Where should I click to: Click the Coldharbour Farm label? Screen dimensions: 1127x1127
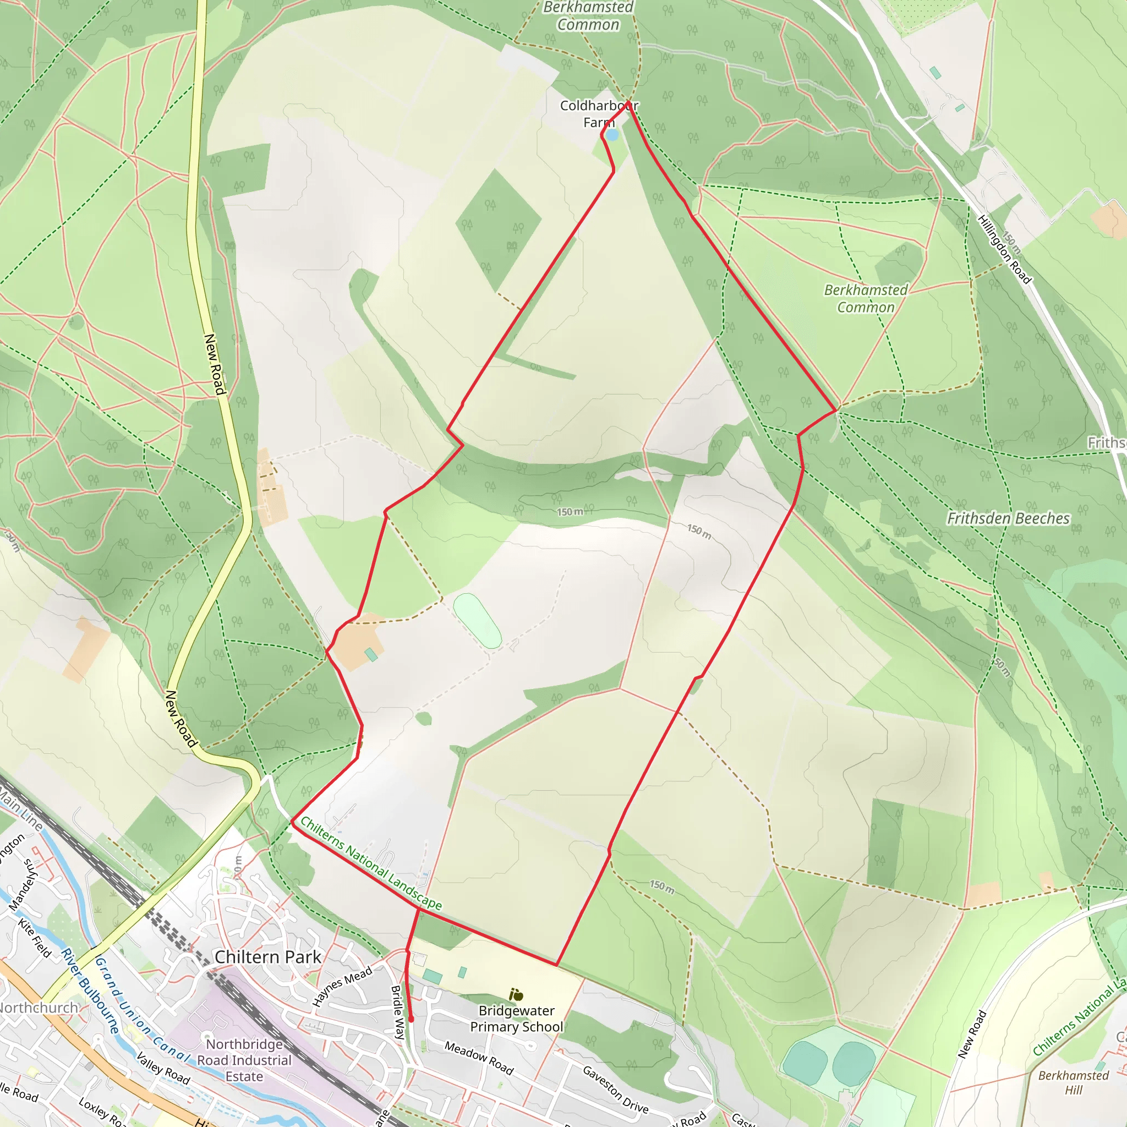coord(599,114)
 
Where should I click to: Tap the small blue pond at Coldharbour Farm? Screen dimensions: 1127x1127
coord(611,135)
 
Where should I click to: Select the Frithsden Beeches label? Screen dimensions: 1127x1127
coord(1008,518)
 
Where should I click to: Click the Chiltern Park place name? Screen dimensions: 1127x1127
coord(268,958)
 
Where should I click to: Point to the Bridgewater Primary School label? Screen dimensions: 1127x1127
coord(517,1019)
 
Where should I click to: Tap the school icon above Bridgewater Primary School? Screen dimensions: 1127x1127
coord(516,994)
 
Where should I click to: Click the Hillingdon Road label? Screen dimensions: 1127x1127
coord(1004,249)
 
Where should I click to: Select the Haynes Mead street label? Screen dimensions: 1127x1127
coord(342,987)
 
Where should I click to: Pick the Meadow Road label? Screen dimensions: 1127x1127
coord(479,1058)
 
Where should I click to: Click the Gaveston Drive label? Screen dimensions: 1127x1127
coord(615,1089)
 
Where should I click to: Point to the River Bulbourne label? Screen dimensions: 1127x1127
coord(90,991)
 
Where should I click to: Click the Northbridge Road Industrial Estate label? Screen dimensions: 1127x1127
coord(244,1060)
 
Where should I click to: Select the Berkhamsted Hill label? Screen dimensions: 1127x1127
coord(1073,1082)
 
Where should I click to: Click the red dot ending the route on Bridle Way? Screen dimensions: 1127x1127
coord(411,1019)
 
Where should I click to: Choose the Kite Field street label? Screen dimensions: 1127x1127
coord(35,937)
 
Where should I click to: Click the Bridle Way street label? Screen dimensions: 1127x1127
coord(398,1012)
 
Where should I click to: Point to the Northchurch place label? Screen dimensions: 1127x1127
coord(39,1008)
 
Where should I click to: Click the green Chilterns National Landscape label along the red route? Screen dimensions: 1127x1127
coord(371,863)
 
